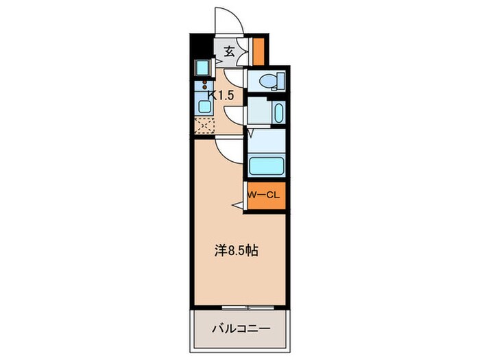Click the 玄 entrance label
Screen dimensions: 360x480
(229, 51)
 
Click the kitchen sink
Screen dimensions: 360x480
(204, 105)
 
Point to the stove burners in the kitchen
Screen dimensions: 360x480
(204, 87)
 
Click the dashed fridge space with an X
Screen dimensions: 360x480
(204, 125)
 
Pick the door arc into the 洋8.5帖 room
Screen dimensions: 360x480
(226, 145)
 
